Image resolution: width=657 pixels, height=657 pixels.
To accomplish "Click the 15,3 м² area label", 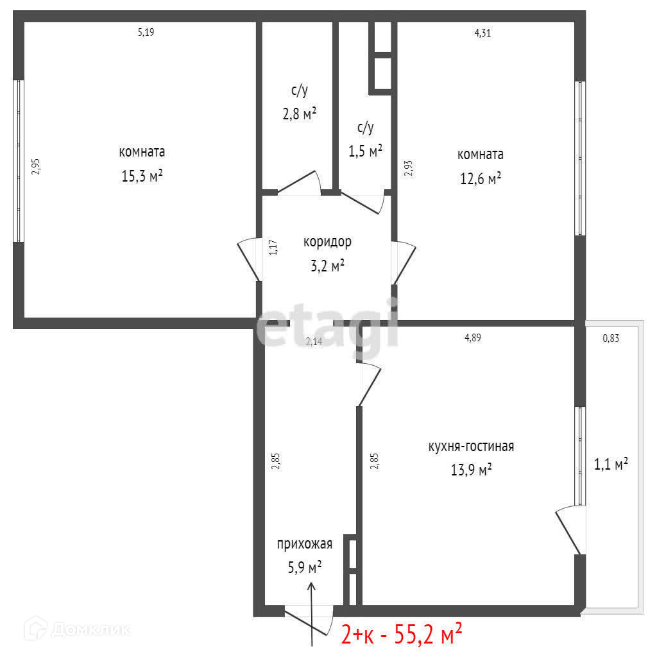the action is (142, 176).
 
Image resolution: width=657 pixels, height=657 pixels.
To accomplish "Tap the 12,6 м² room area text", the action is (481, 178).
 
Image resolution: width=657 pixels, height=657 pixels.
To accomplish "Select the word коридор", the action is (327, 242).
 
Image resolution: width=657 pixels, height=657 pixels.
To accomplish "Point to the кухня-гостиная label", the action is (471, 447).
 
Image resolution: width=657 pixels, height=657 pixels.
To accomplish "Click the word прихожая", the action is (305, 544).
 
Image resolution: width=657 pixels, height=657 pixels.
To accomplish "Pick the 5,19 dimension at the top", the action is (146, 32).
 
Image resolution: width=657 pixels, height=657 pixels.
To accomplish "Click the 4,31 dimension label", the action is (482, 33).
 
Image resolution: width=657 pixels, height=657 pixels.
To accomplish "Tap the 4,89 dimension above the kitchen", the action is (473, 337).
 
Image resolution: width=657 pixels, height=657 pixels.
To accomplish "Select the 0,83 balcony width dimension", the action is (611, 338).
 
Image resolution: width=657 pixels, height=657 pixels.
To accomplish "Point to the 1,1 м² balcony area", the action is (611, 464).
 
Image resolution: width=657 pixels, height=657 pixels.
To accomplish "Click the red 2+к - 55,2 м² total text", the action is (402, 634).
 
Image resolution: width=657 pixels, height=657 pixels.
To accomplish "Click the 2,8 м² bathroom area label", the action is (299, 113).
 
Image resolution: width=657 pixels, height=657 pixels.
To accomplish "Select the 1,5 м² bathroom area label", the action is (365, 150).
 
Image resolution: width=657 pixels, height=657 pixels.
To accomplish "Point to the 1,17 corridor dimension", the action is (273, 247).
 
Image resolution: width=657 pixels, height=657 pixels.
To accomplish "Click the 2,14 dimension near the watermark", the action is (314, 341).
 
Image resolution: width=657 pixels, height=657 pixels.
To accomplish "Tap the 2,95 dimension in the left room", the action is (36, 166).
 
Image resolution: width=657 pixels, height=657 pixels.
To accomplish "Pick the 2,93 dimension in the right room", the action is (409, 169).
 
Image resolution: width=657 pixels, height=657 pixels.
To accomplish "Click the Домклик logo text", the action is (91, 629).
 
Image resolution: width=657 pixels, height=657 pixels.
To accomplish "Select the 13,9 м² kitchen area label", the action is (471, 470).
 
